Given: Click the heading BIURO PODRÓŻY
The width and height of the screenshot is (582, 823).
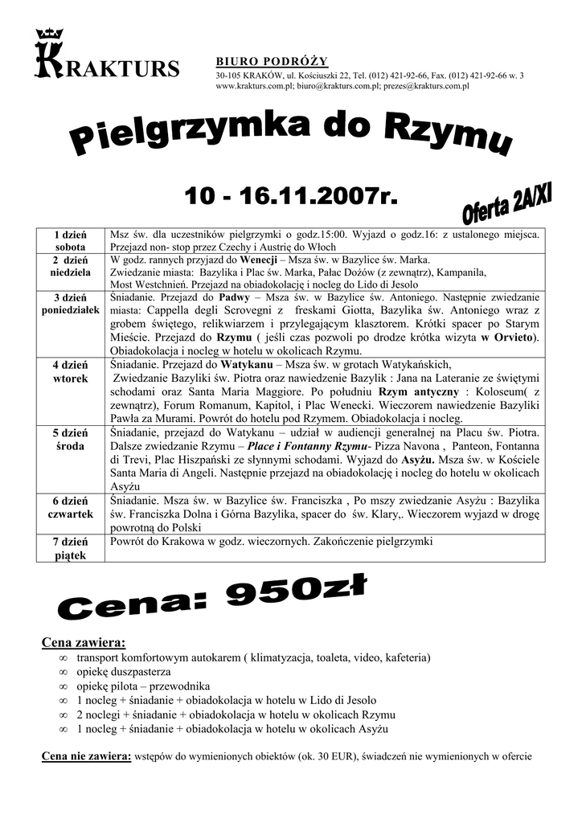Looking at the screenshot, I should coord(272,62).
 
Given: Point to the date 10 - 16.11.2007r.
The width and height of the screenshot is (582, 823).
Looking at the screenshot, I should coord(290,194).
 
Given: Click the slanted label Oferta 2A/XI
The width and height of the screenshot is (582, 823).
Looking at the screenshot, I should coord(506,203).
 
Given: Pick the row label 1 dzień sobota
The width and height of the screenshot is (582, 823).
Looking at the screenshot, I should coord(70,240).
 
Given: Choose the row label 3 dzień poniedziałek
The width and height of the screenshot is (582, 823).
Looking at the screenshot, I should coord(71,304).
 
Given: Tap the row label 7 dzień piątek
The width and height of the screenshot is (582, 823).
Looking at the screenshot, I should coord(70,548).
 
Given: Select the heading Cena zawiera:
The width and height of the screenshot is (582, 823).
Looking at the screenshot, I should coord(83,643).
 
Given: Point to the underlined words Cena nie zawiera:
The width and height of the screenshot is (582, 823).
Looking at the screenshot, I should coord(86,756).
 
